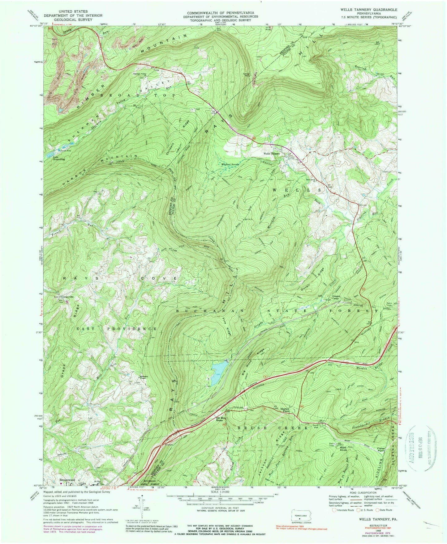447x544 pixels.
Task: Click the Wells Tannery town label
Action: pyautogui.click(x=271, y=154)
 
